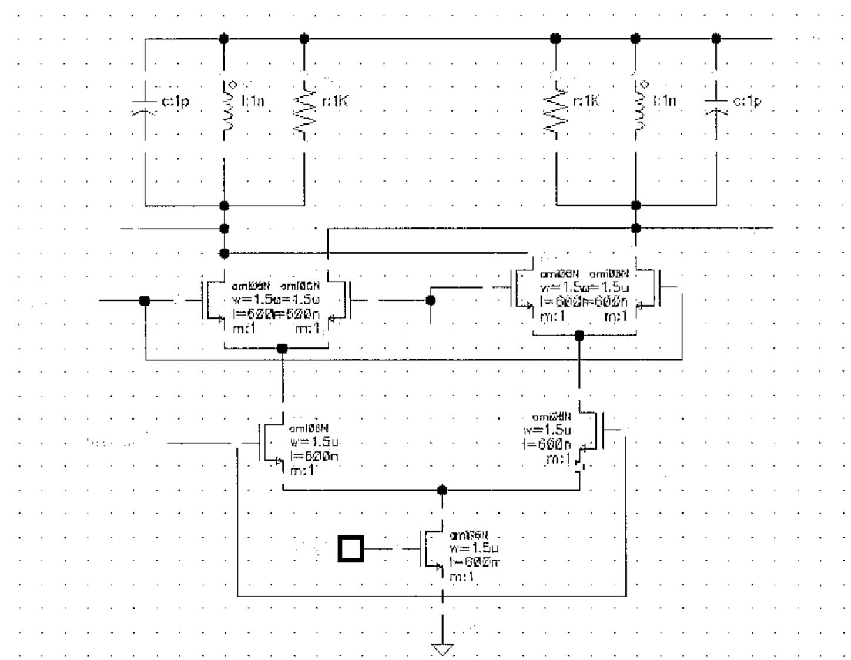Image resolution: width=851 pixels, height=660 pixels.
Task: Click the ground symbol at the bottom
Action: tap(443, 648)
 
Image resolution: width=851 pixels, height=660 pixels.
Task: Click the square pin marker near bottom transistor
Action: tap(351, 548)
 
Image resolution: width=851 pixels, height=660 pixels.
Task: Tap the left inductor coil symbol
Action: tap(225, 106)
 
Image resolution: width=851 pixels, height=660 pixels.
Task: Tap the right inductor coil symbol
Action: tap(636, 106)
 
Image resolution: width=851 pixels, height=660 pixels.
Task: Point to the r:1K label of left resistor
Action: tap(335, 102)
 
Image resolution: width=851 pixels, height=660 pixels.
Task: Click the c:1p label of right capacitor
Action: tap(747, 101)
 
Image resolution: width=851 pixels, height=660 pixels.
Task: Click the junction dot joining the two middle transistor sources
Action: tap(443, 490)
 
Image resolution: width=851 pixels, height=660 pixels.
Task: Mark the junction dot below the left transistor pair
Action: tap(282, 349)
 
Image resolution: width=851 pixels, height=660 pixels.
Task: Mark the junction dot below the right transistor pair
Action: tap(579, 336)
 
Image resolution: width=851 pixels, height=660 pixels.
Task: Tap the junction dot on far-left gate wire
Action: tap(145, 300)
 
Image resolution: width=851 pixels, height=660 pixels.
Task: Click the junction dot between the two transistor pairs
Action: tap(431, 300)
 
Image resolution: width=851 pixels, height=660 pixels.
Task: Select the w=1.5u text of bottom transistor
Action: tap(474, 549)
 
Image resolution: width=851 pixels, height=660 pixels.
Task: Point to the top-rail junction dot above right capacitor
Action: tap(716, 39)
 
